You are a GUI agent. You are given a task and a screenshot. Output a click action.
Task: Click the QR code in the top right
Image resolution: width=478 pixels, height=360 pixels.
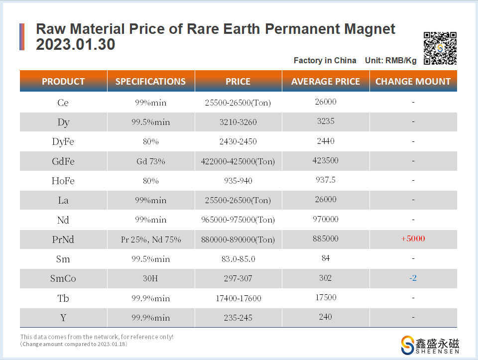pos(440,48)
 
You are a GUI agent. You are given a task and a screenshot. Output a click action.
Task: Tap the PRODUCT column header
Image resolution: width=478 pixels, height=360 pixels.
pos(63,82)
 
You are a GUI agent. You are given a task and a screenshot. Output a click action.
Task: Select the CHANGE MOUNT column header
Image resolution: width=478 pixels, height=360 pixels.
pos(413,82)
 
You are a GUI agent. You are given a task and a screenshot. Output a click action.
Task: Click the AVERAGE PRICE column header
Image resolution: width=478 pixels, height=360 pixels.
pos(326,82)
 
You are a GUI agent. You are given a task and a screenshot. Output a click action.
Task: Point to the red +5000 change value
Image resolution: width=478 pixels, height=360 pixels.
pos(413,239)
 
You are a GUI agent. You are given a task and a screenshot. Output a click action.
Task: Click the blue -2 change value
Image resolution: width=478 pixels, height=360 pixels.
pos(413,278)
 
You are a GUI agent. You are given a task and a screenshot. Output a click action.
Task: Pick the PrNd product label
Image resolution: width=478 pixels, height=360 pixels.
pos(63,240)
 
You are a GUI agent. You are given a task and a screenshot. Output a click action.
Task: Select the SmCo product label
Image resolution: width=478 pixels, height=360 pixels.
pos(63,278)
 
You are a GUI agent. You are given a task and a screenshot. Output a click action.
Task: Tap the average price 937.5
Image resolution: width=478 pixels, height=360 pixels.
pos(326,180)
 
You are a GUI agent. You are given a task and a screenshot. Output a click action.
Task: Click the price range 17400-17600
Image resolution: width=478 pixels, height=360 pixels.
pos(238,298)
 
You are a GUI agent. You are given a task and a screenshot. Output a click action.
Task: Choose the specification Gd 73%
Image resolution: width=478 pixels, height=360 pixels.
pos(151,161)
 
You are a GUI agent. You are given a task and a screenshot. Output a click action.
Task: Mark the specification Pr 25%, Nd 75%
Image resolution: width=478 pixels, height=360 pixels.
pos(151,240)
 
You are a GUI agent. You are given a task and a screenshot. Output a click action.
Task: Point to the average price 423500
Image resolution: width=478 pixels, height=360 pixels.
pos(326,161)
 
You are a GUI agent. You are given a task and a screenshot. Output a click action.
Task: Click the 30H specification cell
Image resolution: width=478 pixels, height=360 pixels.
pos(151,278)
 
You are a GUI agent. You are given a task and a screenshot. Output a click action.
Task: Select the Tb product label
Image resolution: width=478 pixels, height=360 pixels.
pos(63,298)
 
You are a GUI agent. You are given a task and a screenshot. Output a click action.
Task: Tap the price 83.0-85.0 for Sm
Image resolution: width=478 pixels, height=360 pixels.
pos(238,259)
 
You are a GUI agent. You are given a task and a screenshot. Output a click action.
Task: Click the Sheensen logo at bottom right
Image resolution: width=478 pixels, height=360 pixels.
pos(430,345)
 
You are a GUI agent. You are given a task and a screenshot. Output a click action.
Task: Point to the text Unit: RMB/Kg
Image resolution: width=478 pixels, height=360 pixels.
pos(391,60)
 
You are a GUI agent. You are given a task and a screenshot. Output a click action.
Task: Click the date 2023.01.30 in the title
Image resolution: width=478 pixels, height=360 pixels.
pos(76,45)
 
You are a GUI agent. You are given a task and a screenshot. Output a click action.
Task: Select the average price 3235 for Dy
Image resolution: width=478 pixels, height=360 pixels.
pos(326,121)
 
